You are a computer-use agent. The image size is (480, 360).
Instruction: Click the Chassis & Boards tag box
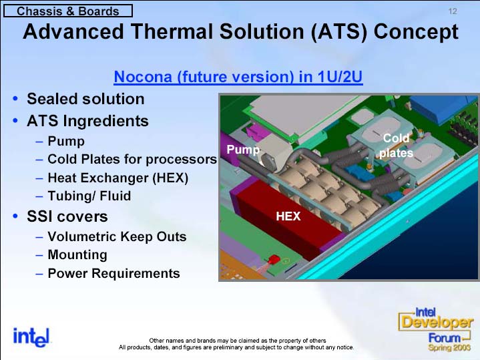click(x=68, y=11)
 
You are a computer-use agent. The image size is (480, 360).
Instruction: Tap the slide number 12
click(x=453, y=11)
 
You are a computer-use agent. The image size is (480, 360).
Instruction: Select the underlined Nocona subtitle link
click(x=238, y=77)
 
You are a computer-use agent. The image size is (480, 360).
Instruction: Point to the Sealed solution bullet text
click(x=85, y=99)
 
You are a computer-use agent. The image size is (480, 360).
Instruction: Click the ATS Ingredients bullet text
click(x=87, y=121)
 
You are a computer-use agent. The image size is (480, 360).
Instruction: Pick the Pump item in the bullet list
click(x=66, y=141)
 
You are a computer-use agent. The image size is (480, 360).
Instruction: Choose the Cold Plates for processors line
click(x=132, y=160)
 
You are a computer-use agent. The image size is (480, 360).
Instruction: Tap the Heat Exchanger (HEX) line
click(x=118, y=178)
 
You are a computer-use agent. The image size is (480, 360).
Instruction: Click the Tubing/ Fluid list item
click(x=89, y=196)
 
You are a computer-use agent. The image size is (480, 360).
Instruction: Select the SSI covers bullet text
click(x=67, y=216)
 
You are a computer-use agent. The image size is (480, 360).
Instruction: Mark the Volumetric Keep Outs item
click(x=117, y=236)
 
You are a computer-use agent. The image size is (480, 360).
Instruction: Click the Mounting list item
click(x=77, y=255)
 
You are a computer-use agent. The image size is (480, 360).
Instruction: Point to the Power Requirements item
click(x=114, y=273)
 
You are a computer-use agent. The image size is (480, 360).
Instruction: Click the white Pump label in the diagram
click(x=243, y=150)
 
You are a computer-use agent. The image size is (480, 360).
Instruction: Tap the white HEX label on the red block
click(x=288, y=216)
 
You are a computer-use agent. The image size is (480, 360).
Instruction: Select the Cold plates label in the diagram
click(x=396, y=146)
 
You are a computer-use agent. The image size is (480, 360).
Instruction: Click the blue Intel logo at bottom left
click(x=31, y=338)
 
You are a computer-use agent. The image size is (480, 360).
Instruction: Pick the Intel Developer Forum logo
click(x=436, y=329)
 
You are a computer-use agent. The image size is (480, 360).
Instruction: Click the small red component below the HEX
click(x=274, y=259)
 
